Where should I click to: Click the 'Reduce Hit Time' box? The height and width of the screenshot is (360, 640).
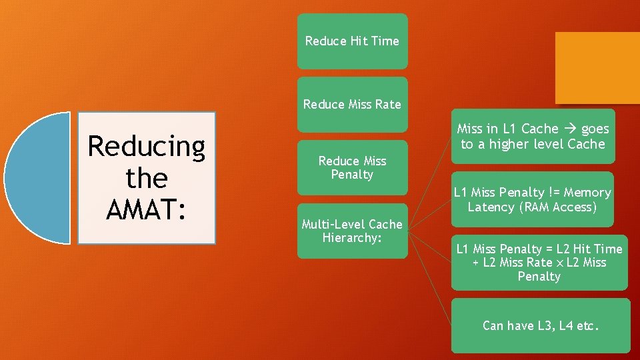click(x=351, y=41)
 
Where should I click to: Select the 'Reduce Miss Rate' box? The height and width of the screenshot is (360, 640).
click(x=351, y=104)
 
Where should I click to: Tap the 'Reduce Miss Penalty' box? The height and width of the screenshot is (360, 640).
click(x=351, y=167)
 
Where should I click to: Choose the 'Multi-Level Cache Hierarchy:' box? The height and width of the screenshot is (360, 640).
click(x=351, y=231)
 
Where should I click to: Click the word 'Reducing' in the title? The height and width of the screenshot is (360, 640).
click(x=147, y=146)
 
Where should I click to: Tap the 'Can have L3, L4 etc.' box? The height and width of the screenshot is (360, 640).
click(x=540, y=326)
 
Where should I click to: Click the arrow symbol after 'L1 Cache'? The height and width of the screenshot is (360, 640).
click(x=571, y=129)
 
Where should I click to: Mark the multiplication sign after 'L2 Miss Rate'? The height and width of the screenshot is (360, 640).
click(x=559, y=263)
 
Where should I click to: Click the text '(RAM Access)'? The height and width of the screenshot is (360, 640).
click(x=555, y=207)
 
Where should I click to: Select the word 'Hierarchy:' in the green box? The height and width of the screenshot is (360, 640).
click(x=351, y=238)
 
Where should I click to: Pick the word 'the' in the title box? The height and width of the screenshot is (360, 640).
click(x=147, y=178)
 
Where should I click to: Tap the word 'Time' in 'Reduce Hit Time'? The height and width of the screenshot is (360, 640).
click(x=385, y=41)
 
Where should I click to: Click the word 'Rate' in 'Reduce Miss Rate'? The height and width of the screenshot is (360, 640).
click(x=387, y=104)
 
